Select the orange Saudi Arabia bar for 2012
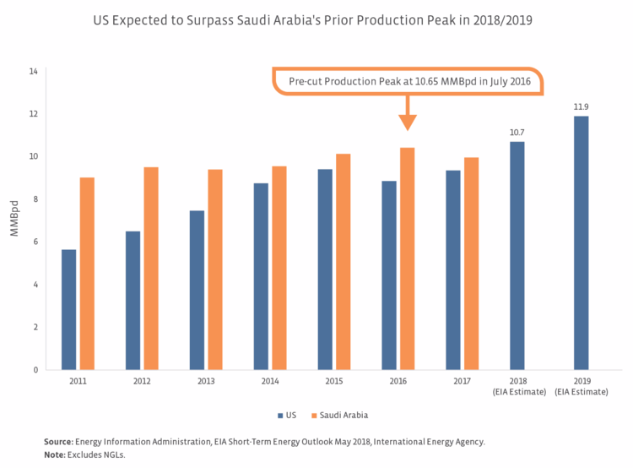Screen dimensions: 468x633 pos(151,268)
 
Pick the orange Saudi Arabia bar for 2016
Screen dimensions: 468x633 pos(408,258)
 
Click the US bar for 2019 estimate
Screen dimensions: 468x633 pos(582,242)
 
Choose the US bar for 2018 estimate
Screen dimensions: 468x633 pos(517,255)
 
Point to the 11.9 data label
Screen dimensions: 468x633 pos(582,107)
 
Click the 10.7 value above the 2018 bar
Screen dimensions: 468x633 pos(517,133)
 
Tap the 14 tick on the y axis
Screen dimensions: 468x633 pos(33,72)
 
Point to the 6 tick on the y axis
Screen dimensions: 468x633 pos(35,242)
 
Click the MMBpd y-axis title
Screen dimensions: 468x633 pos(14,220)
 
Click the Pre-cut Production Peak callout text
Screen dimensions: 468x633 pos(408,81)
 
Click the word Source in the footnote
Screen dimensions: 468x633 pos(57,441)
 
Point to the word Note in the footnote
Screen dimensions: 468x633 pos(54,455)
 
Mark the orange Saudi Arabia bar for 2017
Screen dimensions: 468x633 pos(472,264)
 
